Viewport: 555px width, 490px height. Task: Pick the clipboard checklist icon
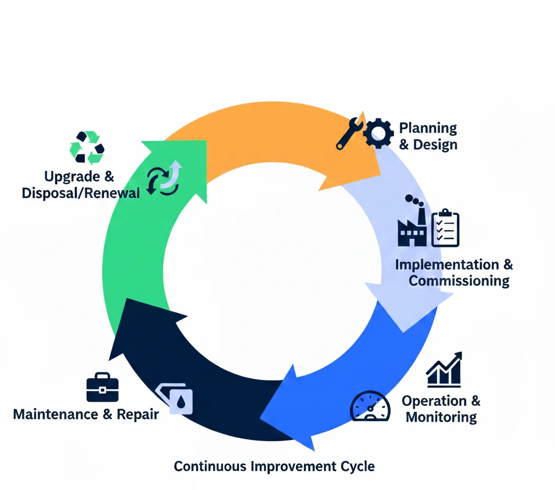(x=445, y=228)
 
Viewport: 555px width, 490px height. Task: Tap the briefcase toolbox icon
(x=103, y=387)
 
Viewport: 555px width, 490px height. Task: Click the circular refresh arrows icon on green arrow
(x=163, y=179)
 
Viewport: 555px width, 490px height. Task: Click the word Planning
(x=427, y=128)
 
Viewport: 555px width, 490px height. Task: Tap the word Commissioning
(x=459, y=281)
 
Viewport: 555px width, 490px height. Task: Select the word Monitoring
(x=441, y=417)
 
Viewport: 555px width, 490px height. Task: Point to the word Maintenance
(x=56, y=413)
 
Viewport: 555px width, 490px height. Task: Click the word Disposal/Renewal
(x=81, y=193)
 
